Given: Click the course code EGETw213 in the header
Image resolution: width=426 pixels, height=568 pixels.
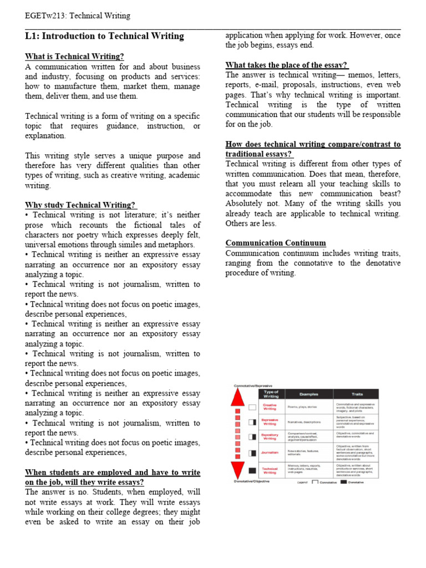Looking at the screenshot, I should click(45, 16).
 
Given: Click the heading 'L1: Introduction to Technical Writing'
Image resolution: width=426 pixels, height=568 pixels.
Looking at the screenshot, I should click(104, 36).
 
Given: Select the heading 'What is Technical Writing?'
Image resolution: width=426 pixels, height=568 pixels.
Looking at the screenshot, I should click(74, 57).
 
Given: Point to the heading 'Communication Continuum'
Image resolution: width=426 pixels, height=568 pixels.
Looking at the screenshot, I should click(276, 243).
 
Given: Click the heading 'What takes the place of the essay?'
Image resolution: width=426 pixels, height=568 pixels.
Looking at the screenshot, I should click(287, 65).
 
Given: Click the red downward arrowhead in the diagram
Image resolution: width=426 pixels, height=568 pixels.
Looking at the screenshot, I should click(238, 471).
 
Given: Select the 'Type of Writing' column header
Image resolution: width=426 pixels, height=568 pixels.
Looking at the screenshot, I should click(271, 394).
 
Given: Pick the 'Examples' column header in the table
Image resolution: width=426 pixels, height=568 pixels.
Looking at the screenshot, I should click(309, 394).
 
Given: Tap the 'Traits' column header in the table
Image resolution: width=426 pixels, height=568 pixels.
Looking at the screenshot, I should click(357, 394).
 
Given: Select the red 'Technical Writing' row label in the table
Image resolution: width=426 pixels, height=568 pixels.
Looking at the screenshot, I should click(270, 470).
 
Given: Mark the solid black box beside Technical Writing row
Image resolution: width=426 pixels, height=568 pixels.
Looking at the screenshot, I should click(252, 470).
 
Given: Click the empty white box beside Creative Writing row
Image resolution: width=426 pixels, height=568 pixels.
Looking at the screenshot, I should click(252, 407).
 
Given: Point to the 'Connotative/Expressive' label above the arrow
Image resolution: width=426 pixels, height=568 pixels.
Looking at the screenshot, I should click(253, 386).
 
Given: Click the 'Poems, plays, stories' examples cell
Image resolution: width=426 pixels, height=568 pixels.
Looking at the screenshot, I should click(302, 407).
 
